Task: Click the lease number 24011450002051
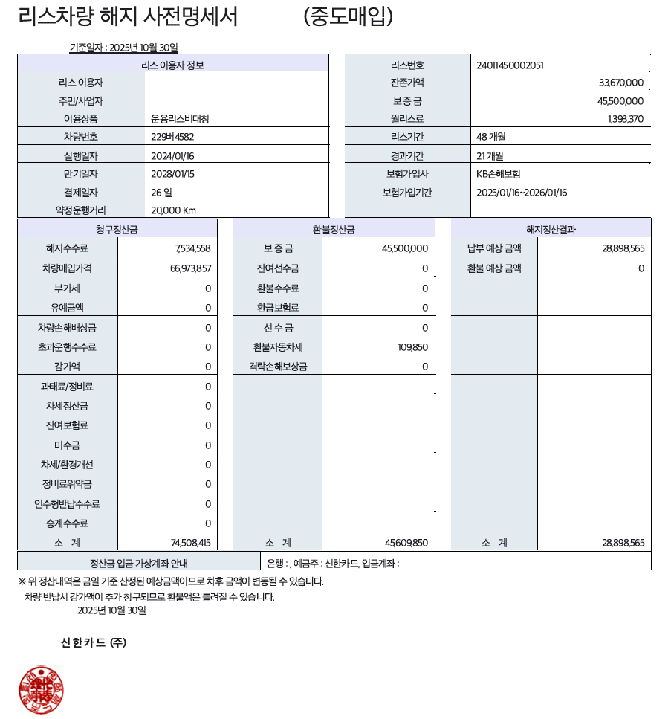click(x=510, y=65)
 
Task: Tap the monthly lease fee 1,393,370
click(x=626, y=118)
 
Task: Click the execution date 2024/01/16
click(x=172, y=155)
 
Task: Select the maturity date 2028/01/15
click(x=172, y=173)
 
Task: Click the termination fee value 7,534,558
click(x=193, y=248)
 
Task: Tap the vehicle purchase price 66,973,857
click(x=191, y=268)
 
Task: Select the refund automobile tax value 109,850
click(x=413, y=346)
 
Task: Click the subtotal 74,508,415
click(x=191, y=543)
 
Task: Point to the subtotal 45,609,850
click(x=406, y=543)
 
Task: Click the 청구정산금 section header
click(x=117, y=230)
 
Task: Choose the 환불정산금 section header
click(x=334, y=230)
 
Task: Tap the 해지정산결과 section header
click(x=551, y=230)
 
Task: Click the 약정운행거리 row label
click(x=81, y=210)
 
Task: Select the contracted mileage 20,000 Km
click(x=173, y=210)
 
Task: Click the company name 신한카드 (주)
click(x=94, y=642)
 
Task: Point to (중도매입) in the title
click(x=349, y=16)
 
